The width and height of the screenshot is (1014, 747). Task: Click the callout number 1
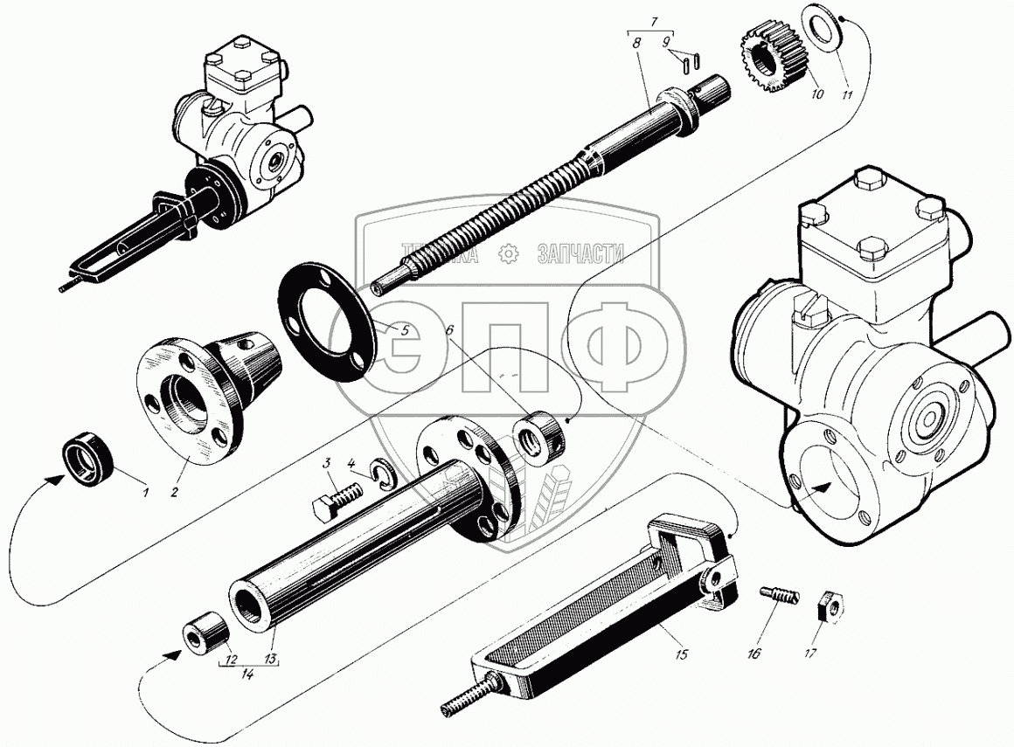[145, 493]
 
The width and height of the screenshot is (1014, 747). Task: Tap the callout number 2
[173, 493]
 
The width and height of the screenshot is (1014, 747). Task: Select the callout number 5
[404, 330]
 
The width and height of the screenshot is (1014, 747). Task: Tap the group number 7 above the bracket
[654, 22]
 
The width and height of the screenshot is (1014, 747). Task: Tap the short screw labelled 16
[780, 595]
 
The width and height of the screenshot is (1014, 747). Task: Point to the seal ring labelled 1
[88, 460]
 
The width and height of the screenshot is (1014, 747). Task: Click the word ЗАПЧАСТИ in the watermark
[580, 254]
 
